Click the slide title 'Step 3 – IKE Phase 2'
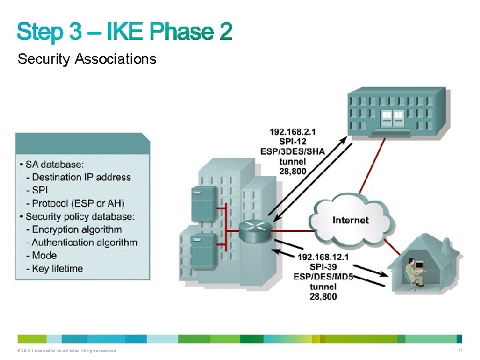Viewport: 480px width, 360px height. [x=125, y=31]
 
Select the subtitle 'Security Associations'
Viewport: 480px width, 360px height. [x=87, y=59]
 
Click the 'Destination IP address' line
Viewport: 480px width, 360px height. [x=81, y=177]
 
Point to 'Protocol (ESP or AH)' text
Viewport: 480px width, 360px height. [x=77, y=203]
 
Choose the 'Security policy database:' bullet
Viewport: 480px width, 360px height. [x=81, y=217]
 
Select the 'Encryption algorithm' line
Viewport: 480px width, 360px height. [x=77, y=229]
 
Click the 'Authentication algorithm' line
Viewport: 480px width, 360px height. [x=84, y=243]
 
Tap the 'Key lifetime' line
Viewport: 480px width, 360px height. [x=57, y=269]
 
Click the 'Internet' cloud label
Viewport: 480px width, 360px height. [x=351, y=220]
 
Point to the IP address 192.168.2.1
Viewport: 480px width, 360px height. [x=293, y=132]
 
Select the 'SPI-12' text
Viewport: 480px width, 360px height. [x=293, y=141]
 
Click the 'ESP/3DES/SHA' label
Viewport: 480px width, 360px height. [x=293, y=151]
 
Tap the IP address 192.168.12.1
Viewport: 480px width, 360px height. [x=323, y=257]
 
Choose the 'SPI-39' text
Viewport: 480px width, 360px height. [x=323, y=267]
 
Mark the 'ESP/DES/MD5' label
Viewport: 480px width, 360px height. [x=323, y=277]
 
